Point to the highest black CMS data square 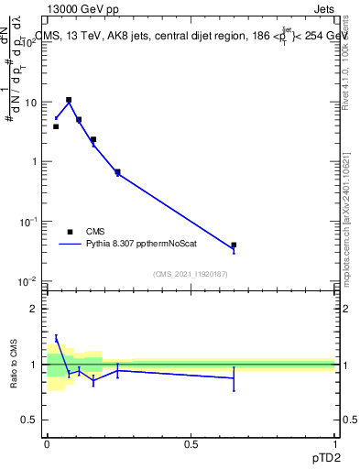pos(69,100)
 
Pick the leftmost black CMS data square pos(56,126)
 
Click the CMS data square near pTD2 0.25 pos(117,171)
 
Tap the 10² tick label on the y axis pos(31,43)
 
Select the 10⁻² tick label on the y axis pos(31,280)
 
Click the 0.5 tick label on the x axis pos(191,442)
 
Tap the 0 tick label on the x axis pos(47,442)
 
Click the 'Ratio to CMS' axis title pos(15,364)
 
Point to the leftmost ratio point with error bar pos(56,339)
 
